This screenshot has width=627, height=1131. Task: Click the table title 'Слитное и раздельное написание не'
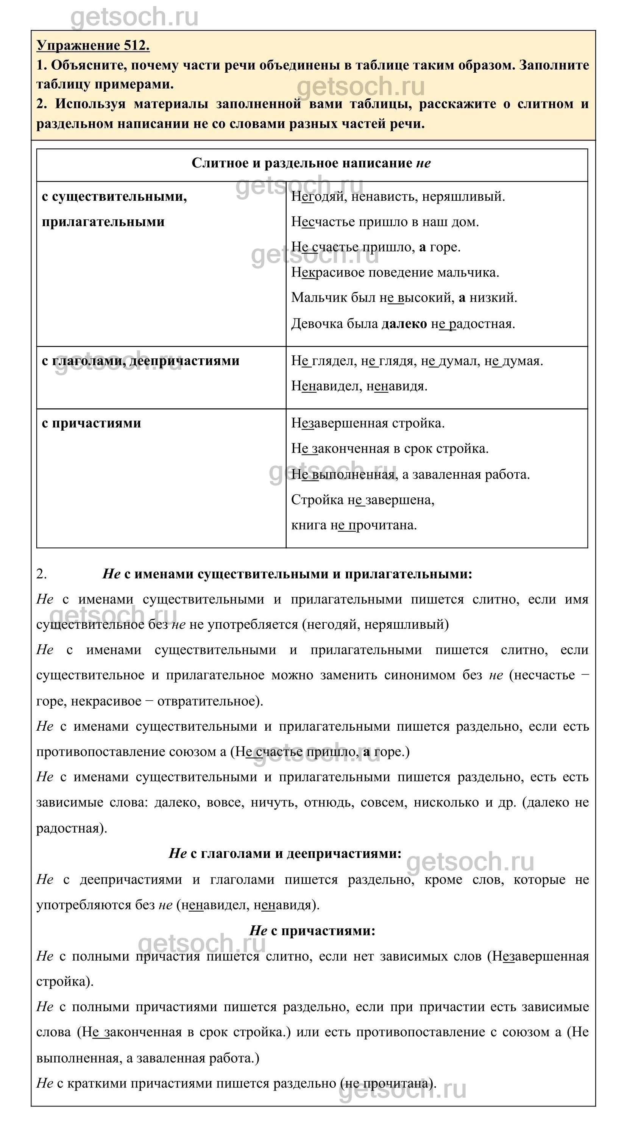311,163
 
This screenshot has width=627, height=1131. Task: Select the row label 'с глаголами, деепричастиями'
140,361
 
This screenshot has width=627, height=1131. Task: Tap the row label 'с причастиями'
91,423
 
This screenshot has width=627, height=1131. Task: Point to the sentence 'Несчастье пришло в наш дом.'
385,222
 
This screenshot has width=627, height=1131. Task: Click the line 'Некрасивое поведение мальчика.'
395,273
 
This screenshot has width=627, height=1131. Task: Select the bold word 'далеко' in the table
404,324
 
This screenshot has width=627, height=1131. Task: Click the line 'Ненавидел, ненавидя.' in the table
359,386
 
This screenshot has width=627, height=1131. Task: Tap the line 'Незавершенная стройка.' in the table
368,423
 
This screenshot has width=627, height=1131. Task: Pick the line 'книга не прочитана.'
354,525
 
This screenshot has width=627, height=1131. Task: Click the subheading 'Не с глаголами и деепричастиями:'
285,853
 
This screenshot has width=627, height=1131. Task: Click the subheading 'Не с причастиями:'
312,931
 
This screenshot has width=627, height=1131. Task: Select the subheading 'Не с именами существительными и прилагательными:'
287,574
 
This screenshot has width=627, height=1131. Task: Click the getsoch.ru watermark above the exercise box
134,17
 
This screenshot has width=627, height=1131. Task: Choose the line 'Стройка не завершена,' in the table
362,500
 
